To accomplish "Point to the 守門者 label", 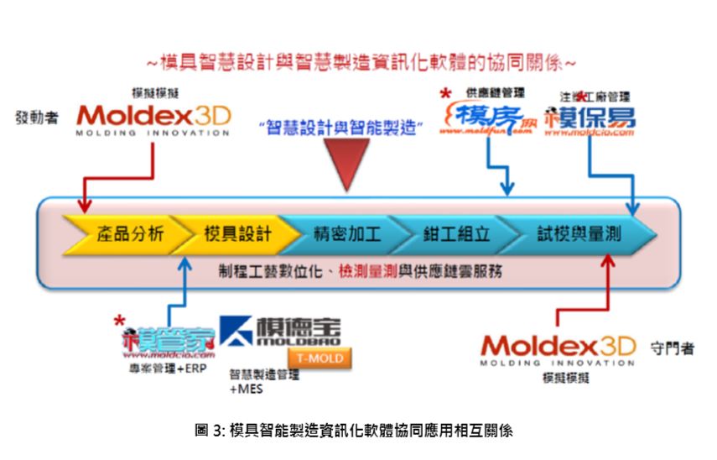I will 672,348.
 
